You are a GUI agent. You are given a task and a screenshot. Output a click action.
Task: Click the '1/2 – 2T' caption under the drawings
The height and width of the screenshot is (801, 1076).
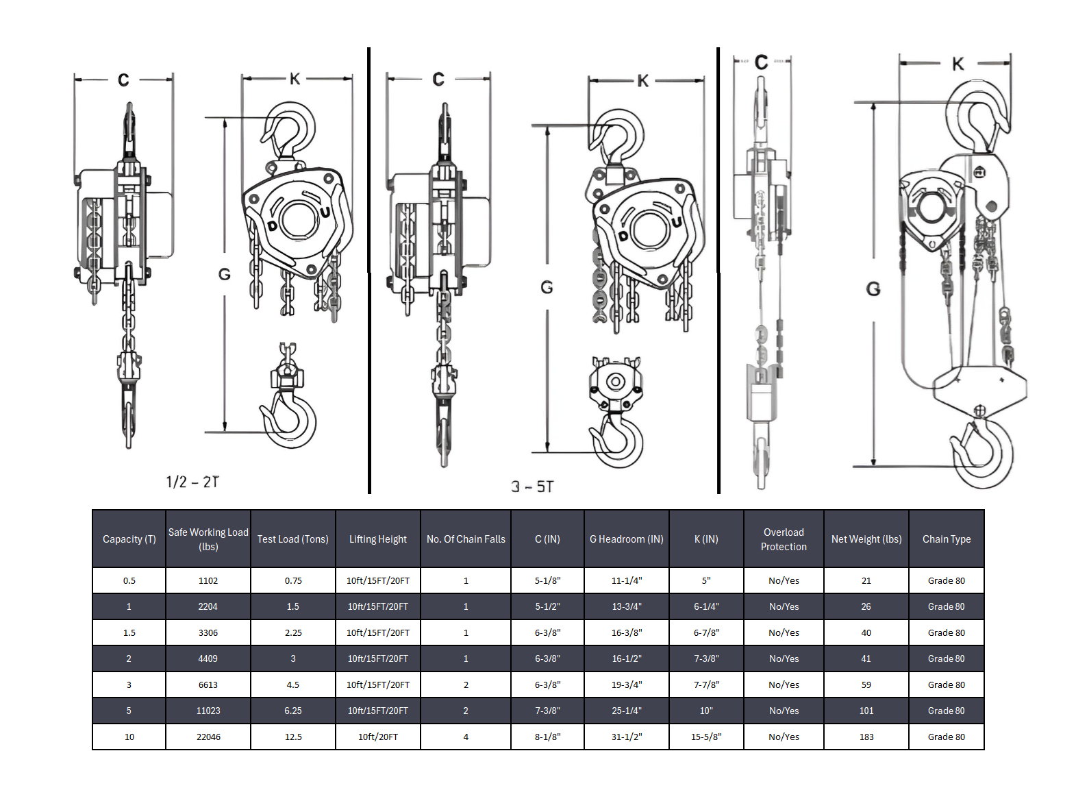coord(192,482)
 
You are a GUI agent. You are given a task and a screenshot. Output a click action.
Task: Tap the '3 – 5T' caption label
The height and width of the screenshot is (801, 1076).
coord(532,486)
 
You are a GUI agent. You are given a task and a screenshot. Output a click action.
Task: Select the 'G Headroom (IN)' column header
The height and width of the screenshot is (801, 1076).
coord(626,539)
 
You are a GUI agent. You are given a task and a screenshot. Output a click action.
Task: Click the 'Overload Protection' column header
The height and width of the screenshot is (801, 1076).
coord(784,539)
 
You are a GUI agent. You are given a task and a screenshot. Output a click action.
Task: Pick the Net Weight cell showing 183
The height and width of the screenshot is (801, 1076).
coord(866,737)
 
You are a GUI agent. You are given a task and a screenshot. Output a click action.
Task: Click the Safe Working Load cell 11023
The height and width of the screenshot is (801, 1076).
coord(208,711)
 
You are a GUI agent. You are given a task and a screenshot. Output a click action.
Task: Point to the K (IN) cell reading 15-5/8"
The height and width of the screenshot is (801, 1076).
coord(706,737)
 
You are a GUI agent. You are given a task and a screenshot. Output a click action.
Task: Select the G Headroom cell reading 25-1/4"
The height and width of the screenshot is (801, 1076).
coord(626,711)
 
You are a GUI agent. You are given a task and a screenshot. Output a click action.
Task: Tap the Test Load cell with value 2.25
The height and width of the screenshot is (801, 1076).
coord(293,632)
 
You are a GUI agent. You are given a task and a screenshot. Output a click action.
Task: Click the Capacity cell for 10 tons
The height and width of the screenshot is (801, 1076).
coord(129,737)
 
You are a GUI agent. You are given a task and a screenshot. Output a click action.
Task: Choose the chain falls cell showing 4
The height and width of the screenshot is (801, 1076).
coord(466,737)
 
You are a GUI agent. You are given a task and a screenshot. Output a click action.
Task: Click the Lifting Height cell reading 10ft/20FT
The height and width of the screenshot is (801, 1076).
coord(378,737)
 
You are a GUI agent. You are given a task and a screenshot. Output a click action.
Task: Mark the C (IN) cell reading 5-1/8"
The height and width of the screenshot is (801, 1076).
coord(547,580)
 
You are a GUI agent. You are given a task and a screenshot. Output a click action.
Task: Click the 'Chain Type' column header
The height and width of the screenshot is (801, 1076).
coord(947,539)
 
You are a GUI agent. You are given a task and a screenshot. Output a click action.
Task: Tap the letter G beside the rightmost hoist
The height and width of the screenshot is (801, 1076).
coord(873,288)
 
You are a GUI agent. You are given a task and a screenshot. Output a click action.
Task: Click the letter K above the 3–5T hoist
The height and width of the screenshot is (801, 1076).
coord(642,81)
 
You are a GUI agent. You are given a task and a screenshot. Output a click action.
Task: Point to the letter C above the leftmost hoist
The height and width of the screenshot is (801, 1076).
coord(123,80)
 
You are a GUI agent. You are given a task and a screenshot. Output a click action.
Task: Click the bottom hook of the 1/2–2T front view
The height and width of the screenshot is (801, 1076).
coord(289,418)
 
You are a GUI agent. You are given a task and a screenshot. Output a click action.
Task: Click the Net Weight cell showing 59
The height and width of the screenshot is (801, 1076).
coord(866,685)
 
